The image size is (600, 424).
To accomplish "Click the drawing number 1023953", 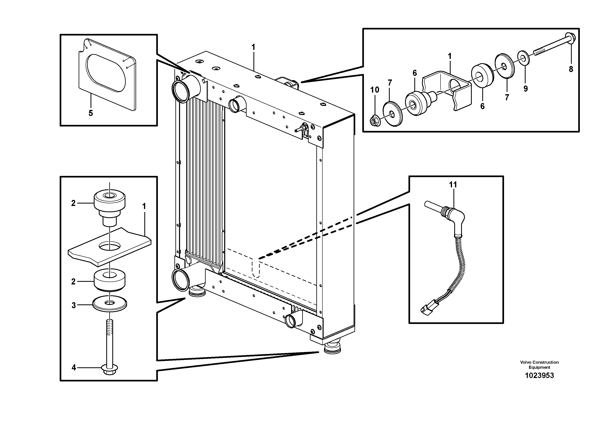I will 539,376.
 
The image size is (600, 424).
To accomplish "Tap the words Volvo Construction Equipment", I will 539,365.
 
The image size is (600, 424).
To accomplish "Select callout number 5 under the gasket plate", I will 91,113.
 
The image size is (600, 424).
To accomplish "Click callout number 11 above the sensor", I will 453,185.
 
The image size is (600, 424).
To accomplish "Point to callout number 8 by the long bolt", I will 571,69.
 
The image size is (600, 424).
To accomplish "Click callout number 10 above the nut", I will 374,90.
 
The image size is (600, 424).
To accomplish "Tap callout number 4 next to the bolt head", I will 74,368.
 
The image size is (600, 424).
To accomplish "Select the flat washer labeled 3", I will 110,304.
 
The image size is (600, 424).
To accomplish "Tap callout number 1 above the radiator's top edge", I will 253,48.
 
